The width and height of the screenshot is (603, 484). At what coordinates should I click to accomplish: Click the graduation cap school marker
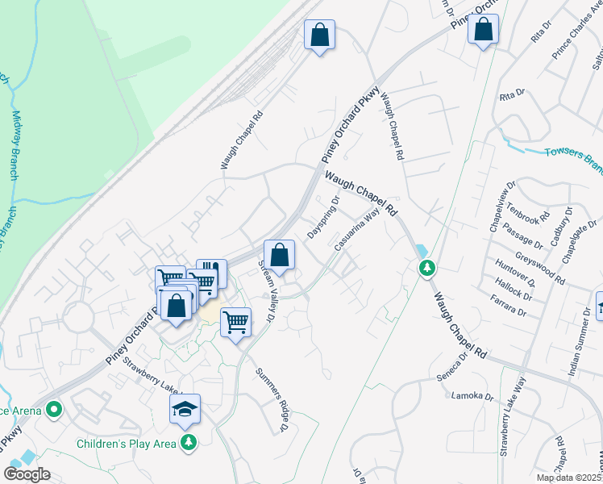click(185, 410)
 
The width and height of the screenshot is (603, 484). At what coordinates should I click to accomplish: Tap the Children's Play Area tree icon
click(189, 442)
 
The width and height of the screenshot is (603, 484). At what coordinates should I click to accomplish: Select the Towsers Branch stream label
click(573, 156)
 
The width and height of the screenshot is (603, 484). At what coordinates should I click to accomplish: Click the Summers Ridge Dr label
click(272, 399)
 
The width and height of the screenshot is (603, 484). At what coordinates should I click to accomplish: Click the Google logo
click(27, 474)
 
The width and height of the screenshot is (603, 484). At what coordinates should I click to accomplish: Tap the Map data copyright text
click(569, 478)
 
